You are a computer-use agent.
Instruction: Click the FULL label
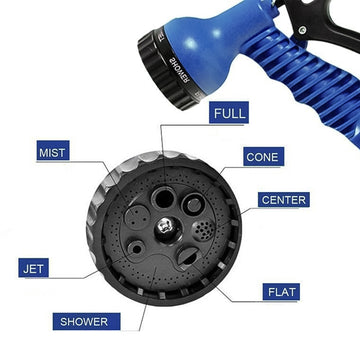tap(229, 114)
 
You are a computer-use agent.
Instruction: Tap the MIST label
tap(53, 152)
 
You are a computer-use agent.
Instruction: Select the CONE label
tap(263, 157)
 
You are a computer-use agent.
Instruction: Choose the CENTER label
tap(284, 199)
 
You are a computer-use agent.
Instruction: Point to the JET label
tap(32, 268)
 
